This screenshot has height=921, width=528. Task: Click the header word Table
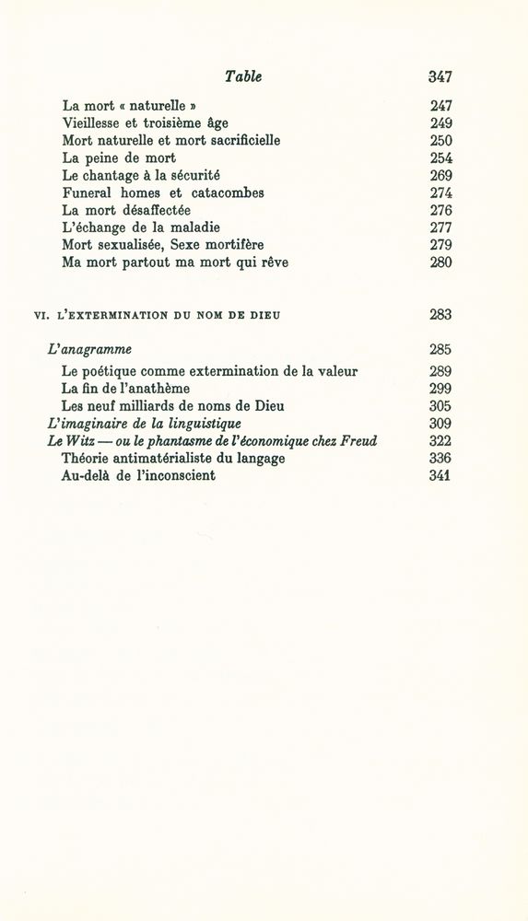243,77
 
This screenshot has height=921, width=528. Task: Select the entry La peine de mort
119,157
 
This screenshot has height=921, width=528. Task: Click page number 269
440,175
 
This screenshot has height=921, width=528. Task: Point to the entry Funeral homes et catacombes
163,192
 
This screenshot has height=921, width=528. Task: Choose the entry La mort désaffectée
126,210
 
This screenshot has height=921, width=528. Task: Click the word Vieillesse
96,122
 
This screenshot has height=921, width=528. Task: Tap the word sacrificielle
236,140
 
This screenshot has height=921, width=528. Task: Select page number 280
440,262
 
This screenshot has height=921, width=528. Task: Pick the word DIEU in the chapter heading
265,315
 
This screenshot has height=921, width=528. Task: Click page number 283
440,314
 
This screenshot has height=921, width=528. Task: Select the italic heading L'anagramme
89,349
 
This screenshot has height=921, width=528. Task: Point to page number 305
440,406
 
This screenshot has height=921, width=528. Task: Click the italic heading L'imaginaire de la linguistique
144,424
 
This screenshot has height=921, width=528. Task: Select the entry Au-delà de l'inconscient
138,476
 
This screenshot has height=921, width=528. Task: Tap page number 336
440,459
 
